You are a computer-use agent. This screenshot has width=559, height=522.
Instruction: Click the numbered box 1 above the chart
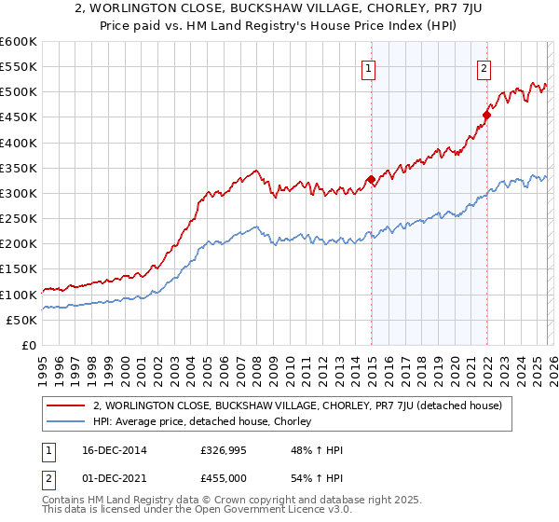(x=369, y=68)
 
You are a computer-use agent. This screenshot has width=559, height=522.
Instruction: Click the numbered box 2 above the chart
(x=484, y=68)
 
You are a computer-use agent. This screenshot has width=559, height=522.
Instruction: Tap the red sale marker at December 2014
(x=371, y=179)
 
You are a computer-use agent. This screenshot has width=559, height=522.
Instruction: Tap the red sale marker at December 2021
(x=486, y=116)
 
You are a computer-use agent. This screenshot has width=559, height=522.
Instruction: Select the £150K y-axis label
(x=19, y=269)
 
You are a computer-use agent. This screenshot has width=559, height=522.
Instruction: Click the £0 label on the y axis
(x=29, y=345)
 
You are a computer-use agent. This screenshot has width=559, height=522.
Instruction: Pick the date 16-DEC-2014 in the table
(x=107, y=450)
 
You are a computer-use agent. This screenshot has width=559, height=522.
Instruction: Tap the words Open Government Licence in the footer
(x=225, y=513)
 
